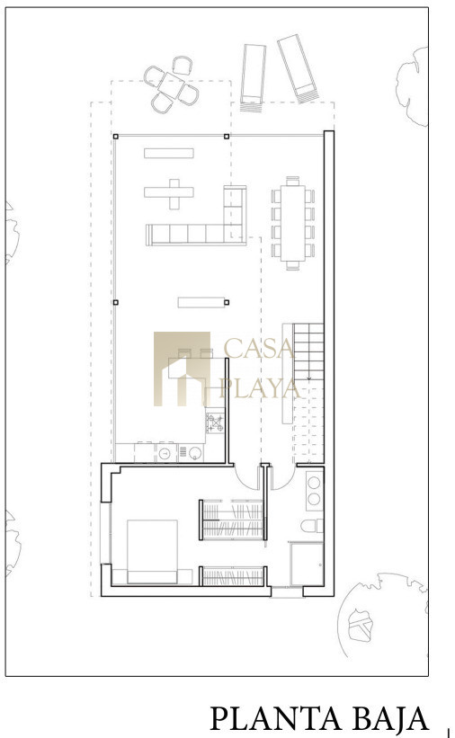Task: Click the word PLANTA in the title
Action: click(x=276, y=718)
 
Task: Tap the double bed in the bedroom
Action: click(x=152, y=552)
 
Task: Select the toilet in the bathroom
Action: click(x=312, y=526)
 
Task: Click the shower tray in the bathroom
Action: click(x=308, y=564)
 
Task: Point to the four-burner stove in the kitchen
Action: click(x=215, y=422)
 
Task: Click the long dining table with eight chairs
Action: click(x=293, y=223)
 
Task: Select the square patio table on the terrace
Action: click(x=172, y=85)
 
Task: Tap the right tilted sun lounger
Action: click(x=298, y=68)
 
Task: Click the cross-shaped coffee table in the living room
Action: click(x=169, y=193)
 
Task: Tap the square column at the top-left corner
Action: click(x=116, y=137)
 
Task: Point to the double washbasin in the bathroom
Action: click(x=314, y=491)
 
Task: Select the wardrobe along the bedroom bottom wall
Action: click(x=233, y=576)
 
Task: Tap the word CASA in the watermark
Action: click(x=259, y=348)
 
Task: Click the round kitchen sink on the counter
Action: click(x=165, y=454)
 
